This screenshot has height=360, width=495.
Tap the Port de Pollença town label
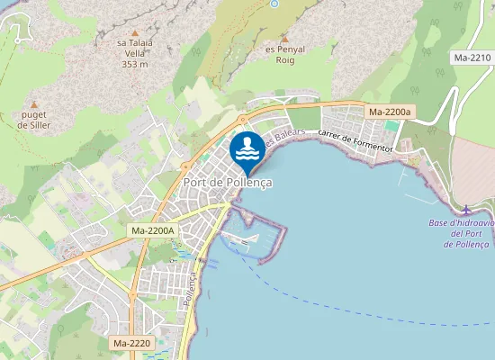point(228,182)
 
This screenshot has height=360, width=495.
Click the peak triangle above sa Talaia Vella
point(135,32)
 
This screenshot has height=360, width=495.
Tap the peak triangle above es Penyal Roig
point(284,39)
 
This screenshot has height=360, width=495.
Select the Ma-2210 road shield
point(472,58)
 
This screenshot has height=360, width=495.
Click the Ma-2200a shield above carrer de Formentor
point(390,112)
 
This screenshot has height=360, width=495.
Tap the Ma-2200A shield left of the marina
point(153,230)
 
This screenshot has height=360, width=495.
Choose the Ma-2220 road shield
point(132,343)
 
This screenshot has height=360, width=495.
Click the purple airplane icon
point(465,210)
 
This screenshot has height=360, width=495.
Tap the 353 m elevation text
point(135,64)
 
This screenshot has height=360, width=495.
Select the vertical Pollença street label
point(189,293)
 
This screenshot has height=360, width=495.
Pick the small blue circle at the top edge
point(274,4)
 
